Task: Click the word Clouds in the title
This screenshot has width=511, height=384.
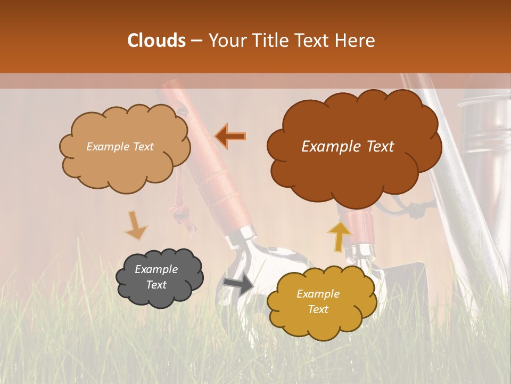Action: click(156, 41)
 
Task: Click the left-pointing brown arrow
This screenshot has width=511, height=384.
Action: click(230, 136)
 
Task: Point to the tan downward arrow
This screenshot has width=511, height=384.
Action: click(136, 226)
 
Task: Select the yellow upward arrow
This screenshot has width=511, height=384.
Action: click(339, 236)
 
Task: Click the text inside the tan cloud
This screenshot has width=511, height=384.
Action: click(120, 147)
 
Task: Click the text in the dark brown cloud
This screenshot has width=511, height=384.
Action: click(348, 147)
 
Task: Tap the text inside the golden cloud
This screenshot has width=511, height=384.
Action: click(318, 301)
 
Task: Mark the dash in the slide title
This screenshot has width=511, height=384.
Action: click(196, 41)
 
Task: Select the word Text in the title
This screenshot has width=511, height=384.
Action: click(315, 41)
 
